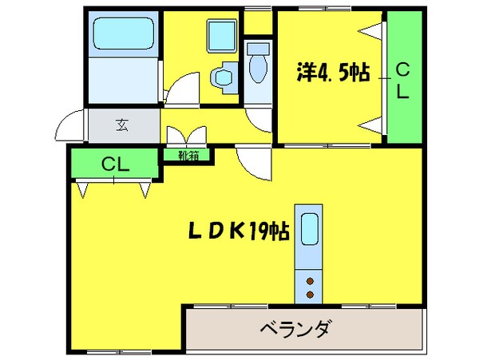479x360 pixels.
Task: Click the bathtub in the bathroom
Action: click(122, 36)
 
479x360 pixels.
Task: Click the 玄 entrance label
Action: click(122, 125)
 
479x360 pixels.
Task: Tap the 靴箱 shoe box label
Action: click(189, 156)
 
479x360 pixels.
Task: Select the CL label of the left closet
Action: click(115, 165)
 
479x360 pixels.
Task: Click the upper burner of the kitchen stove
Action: click(309, 280)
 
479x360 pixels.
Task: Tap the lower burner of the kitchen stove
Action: click(309, 295)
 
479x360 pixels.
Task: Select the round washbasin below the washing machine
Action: click(223, 77)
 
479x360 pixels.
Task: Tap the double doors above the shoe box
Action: click(188, 133)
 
